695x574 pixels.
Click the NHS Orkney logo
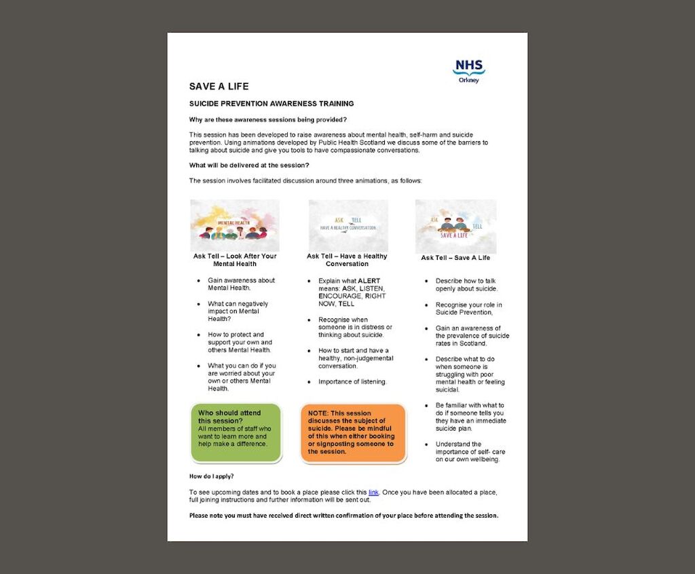[x=468, y=71]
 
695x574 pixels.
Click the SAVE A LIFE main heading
[x=219, y=87]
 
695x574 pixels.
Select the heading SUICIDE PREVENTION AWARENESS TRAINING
[x=271, y=104]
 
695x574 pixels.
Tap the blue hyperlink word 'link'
[x=373, y=492]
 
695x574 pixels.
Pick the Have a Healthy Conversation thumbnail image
[x=348, y=225]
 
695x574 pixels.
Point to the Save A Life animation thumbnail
[x=455, y=226]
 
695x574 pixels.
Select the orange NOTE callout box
[x=353, y=433]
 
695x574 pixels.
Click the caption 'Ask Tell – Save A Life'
[x=455, y=258]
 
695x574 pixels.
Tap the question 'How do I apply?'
[x=211, y=476]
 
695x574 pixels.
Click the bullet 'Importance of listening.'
[x=352, y=381]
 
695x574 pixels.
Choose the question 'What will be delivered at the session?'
[x=249, y=166]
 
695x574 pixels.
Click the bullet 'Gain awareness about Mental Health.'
[x=241, y=284]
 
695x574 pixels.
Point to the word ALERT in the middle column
[x=369, y=281]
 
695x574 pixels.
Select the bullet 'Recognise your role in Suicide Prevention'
[x=469, y=309]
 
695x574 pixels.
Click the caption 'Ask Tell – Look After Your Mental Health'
[x=234, y=260]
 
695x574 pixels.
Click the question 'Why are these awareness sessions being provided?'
[x=267, y=119]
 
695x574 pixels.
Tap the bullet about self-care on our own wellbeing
[x=470, y=452]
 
